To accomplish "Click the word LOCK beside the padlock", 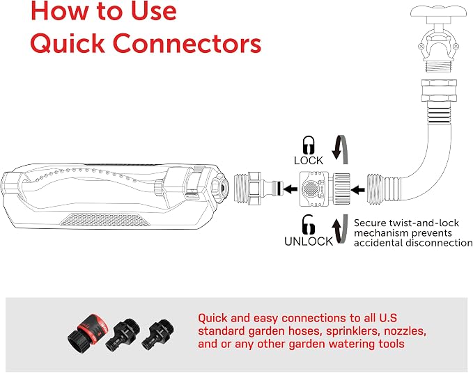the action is coord(309,161).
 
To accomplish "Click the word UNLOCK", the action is coord(309,241).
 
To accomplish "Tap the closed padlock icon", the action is coord(309,145).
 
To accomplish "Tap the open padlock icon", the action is coord(309,225).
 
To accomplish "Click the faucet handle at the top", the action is coord(439,11).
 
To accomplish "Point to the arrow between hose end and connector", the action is coord(358,190).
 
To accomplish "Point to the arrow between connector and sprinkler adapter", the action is coord(290,189).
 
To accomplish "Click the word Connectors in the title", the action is coord(187,43).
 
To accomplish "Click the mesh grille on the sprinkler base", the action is coord(105,220).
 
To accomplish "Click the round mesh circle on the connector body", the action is coord(310,189).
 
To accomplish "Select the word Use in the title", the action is coord(153,11).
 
